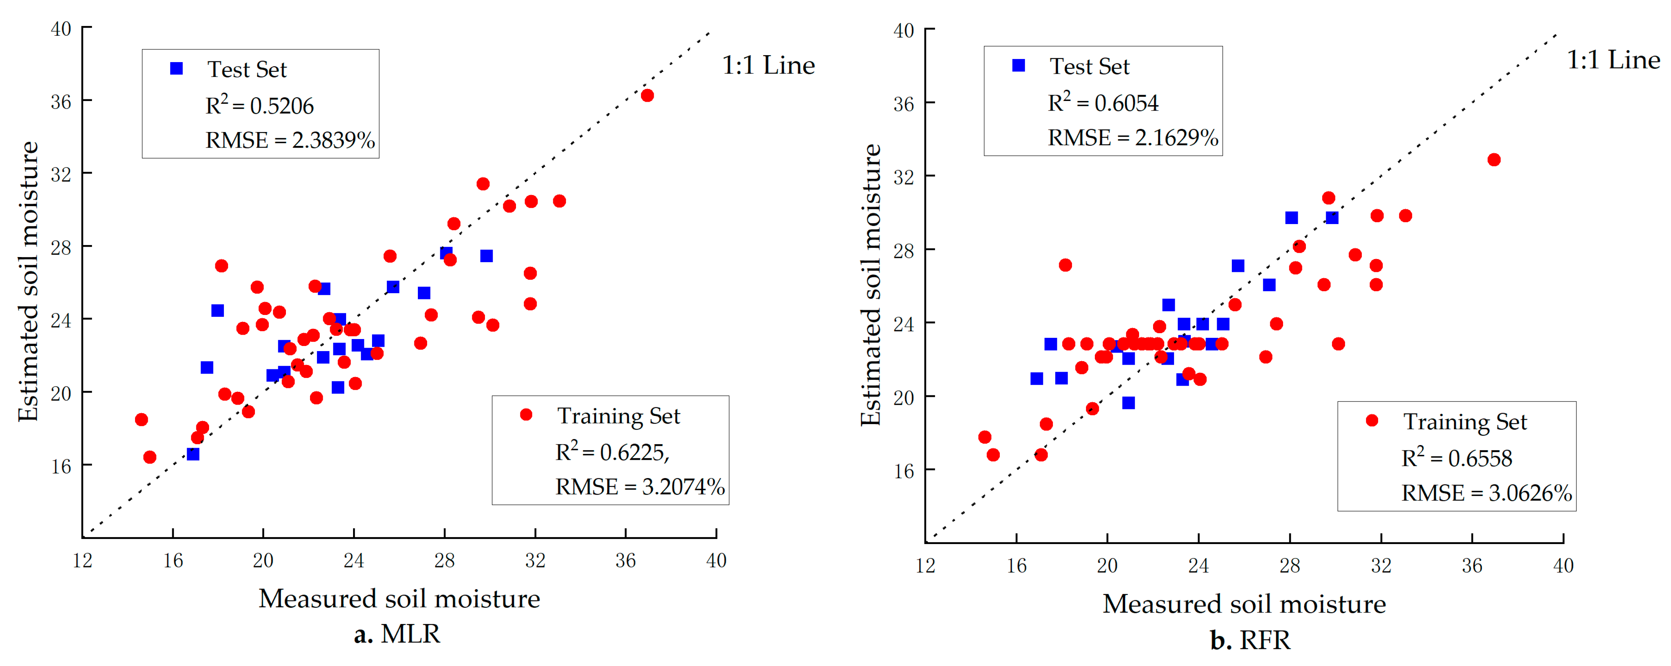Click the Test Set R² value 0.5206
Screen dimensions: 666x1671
pos(260,106)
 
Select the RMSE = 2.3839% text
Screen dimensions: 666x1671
pos(290,140)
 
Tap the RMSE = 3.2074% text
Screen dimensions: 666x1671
pos(640,487)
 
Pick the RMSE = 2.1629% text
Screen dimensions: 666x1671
pos(1132,137)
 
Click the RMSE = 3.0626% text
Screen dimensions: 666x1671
pos(1486,493)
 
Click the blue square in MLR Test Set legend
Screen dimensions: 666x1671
pos(177,69)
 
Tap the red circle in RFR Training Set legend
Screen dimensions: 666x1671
pos(1371,421)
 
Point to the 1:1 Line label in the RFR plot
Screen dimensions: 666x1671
pos(1613,60)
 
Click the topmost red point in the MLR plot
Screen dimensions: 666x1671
pos(647,96)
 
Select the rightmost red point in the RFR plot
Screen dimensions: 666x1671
pos(1493,160)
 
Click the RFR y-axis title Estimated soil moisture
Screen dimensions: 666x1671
pos(871,285)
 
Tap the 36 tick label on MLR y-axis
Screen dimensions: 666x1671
pos(61,102)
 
